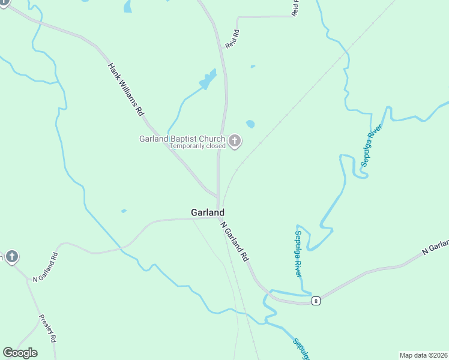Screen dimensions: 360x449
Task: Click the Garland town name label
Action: [x=208, y=212]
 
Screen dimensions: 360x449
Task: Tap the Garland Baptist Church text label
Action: [x=182, y=139]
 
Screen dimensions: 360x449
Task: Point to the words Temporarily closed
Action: [x=197, y=146]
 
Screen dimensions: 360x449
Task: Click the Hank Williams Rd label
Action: [x=126, y=89]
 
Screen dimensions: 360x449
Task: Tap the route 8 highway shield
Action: [x=315, y=301]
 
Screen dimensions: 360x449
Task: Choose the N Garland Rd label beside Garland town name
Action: [x=235, y=241]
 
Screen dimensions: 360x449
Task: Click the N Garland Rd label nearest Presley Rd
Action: [x=45, y=268]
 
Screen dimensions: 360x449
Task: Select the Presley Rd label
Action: [x=47, y=328]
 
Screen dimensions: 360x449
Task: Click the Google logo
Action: [x=20, y=353]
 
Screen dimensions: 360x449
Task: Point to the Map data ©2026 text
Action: [x=424, y=355]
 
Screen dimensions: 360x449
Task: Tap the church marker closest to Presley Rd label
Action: [x=11, y=257]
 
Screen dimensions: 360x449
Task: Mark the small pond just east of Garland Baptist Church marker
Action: [x=250, y=124]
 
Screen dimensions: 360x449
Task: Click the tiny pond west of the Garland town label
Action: [x=124, y=211]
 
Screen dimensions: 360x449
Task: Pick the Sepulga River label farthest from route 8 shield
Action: [x=371, y=145]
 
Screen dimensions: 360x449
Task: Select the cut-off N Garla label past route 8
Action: [x=436, y=247]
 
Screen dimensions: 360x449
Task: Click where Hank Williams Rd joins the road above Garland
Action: [x=217, y=196]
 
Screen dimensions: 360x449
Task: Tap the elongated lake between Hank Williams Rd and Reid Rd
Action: [x=208, y=80]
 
